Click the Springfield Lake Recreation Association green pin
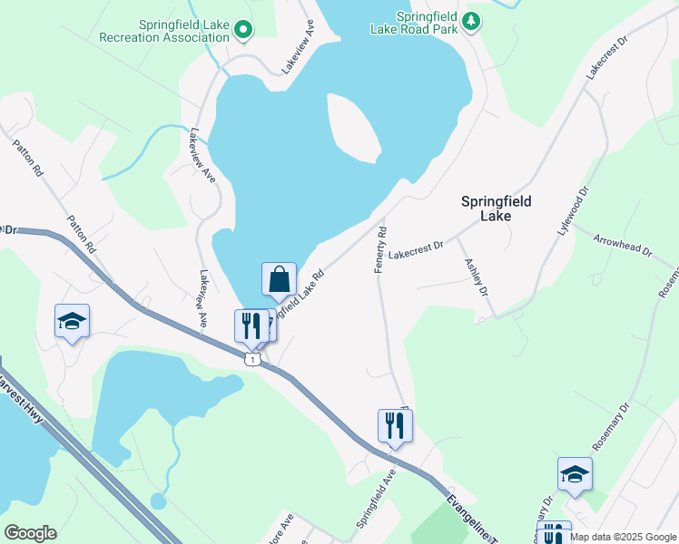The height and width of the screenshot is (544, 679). [242, 31]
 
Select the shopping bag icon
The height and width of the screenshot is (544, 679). [280, 279]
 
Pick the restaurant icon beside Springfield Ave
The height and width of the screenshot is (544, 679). [395, 424]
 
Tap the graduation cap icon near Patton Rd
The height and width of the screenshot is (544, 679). [72, 321]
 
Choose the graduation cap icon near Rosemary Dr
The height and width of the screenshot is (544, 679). [575, 474]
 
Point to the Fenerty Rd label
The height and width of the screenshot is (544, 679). [380, 248]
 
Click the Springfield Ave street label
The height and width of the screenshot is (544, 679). [377, 499]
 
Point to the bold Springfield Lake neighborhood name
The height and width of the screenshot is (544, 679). [497, 209]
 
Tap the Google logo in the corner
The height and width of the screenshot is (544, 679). [30, 533]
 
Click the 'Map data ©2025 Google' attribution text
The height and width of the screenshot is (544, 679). [623, 537]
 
